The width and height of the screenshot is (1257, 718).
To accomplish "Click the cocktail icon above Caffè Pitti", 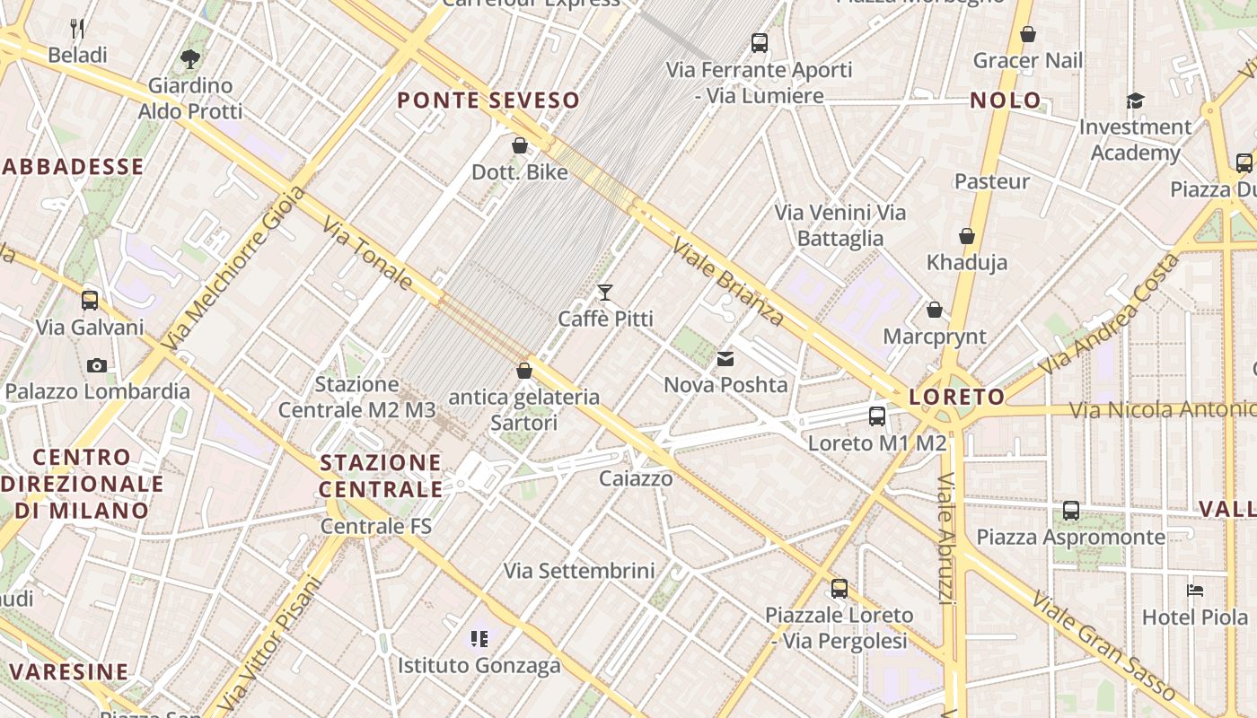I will coord(605,293).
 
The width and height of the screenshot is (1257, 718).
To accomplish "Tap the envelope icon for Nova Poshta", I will coord(725,359).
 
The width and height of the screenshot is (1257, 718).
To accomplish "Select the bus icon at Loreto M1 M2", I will coord(877,416).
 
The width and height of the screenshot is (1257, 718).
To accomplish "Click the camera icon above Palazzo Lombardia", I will coord(97,365).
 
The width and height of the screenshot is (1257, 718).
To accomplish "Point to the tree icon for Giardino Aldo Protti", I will coord(189,59).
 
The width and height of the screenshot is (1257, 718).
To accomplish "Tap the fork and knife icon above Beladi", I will coord(77,29).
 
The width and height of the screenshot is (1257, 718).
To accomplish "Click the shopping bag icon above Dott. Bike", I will coord(520,145).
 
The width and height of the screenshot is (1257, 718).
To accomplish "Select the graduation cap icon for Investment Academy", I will coord(1136,101).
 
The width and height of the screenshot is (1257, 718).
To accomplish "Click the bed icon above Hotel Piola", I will coord(1195,591).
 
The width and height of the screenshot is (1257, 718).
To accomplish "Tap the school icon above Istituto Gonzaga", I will coord(479,639).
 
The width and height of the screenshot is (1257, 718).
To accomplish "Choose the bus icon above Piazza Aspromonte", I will coord(1071,511).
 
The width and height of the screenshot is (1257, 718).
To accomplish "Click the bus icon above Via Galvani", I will coord(90,301).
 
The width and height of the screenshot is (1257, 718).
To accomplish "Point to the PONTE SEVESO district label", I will coord(488,101).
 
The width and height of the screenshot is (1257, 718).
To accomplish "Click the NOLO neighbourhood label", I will coord(1006,101).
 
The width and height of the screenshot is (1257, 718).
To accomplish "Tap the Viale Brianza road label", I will coord(728,282).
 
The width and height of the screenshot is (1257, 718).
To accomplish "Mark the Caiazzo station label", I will coord(636,478).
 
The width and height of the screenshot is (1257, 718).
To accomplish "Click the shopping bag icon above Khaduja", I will coord(967,237).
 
